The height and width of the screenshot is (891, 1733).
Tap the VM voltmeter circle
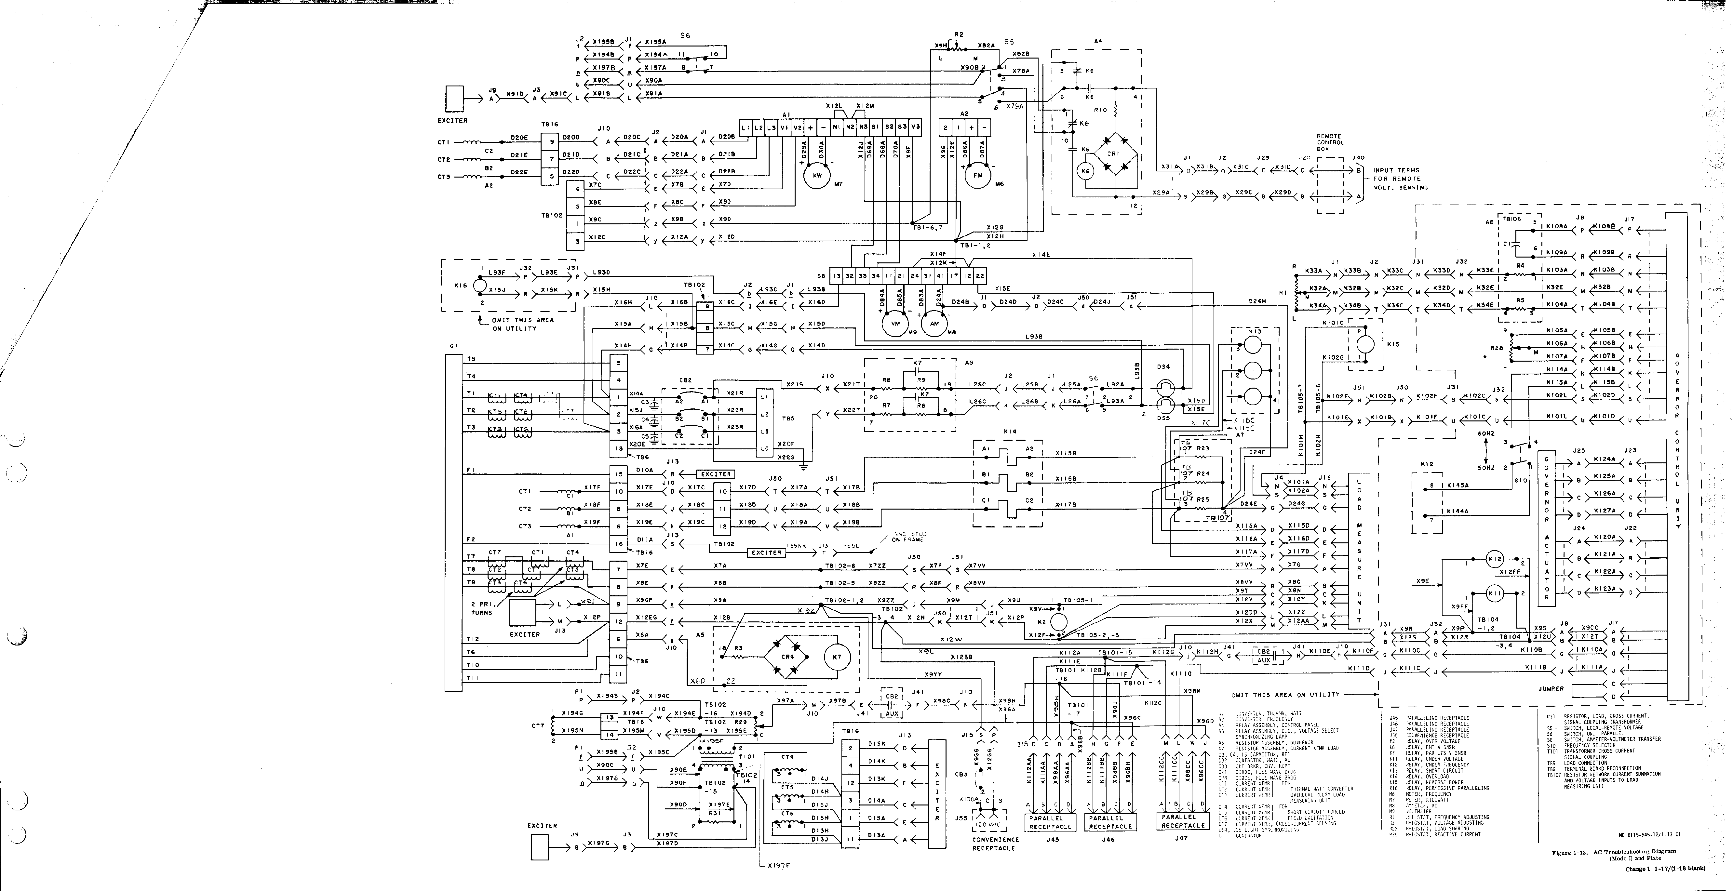click(x=895, y=324)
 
